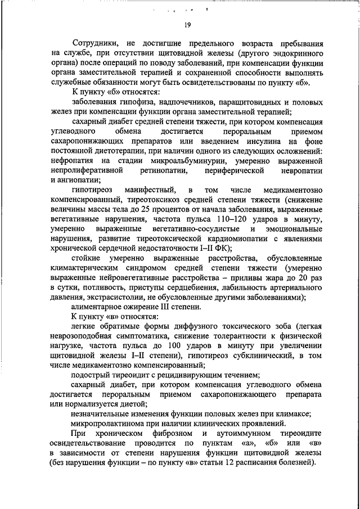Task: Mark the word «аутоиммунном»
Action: (243, 435)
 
